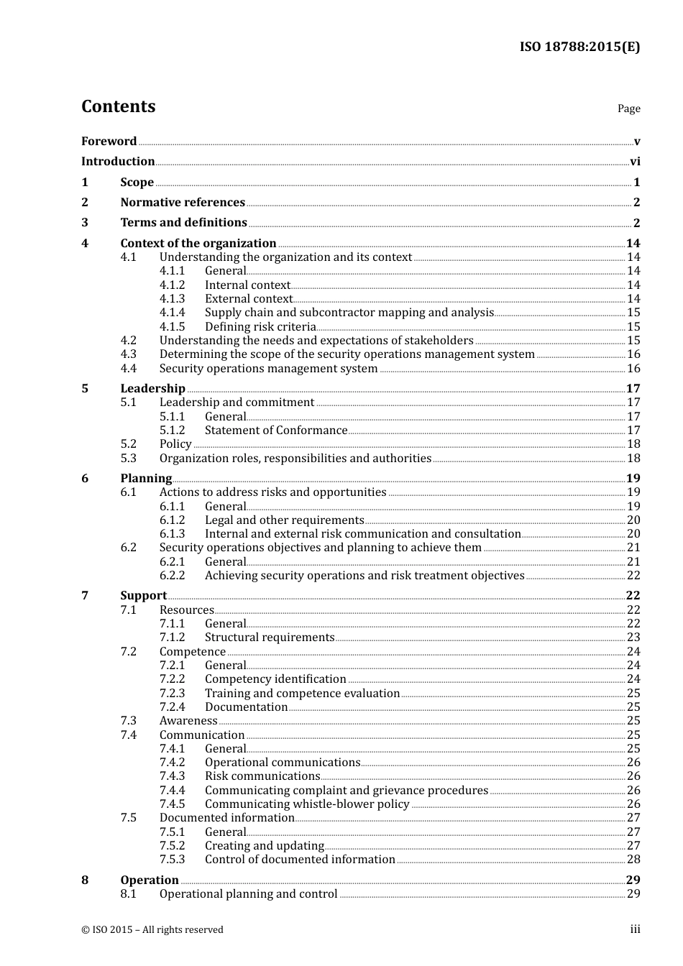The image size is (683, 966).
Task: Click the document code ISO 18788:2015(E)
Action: click(x=579, y=47)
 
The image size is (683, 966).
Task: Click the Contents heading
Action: click(x=118, y=106)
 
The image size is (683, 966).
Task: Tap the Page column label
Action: click(x=628, y=109)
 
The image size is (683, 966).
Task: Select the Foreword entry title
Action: click(x=109, y=142)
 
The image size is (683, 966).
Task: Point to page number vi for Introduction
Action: click(x=635, y=162)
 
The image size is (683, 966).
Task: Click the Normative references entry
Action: click(x=183, y=203)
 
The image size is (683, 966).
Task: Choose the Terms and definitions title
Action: click(x=183, y=223)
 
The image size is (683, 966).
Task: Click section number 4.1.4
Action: click(x=172, y=313)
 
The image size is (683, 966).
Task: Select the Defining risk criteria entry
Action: click(x=260, y=327)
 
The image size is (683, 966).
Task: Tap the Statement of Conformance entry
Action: click(x=276, y=431)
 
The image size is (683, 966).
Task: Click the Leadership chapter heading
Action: click(x=152, y=389)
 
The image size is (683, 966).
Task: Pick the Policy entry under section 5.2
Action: click(x=175, y=444)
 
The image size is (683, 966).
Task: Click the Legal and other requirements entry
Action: click(x=284, y=520)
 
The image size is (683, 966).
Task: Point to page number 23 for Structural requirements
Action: click(x=633, y=638)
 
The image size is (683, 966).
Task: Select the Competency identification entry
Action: click(x=275, y=679)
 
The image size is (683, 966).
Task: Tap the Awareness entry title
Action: click(x=188, y=721)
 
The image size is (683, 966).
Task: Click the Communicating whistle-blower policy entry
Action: click(x=307, y=804)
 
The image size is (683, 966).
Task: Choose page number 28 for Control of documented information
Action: click(x=633, y=860)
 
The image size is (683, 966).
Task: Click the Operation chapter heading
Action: click(x=150, y=880)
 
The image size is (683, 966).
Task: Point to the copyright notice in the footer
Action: click(x=152, y=930)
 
